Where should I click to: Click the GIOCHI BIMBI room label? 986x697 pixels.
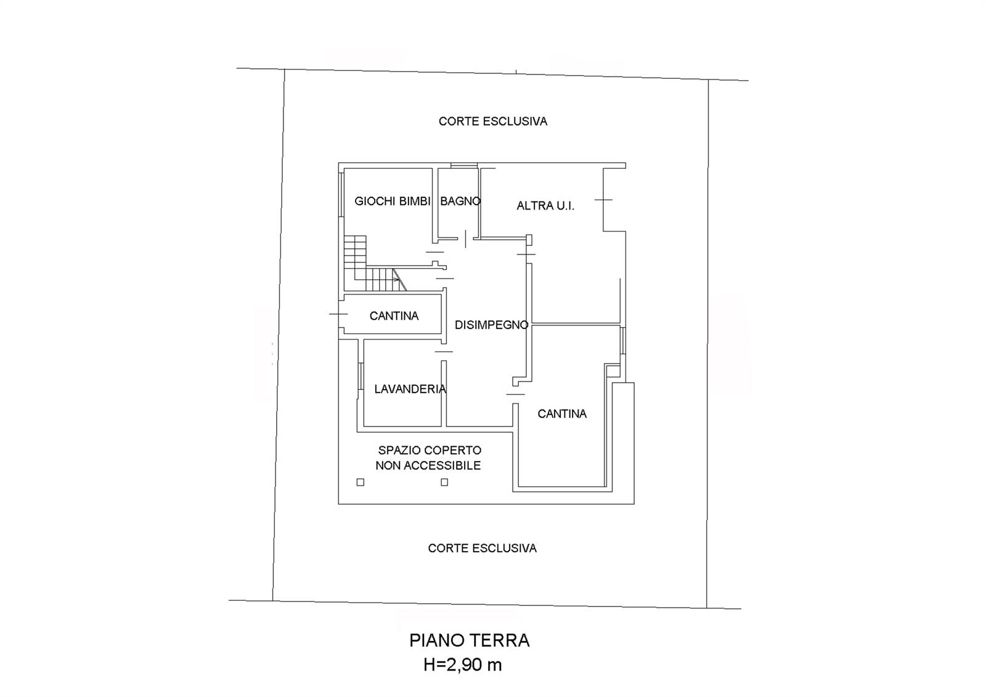[392, 202]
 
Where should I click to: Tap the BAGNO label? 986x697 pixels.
[460, 202]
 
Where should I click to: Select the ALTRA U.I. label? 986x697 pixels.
[545, 206]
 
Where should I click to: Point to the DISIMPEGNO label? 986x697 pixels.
[491, 325]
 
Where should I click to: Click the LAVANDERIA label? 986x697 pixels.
[410, 389]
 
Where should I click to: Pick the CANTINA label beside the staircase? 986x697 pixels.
[394, 316]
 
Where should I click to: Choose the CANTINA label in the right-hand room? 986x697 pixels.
[562, 414]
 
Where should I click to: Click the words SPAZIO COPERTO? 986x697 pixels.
[430, 450]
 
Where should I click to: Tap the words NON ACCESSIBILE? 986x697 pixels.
[428, 465]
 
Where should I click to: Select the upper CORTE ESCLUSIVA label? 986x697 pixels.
[493, 121]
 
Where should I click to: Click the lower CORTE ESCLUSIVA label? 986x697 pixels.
[483, 548]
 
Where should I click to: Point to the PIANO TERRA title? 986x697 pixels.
[469, 641]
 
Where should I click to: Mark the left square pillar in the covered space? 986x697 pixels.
[360, 482]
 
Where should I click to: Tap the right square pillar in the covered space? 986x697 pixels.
[444, 482]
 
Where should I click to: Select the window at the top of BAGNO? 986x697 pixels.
[464, 166]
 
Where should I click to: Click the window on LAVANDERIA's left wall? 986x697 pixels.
[361, 377]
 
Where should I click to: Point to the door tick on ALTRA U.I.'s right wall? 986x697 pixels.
[603, 200]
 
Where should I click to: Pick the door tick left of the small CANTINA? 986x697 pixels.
[338, 314]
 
